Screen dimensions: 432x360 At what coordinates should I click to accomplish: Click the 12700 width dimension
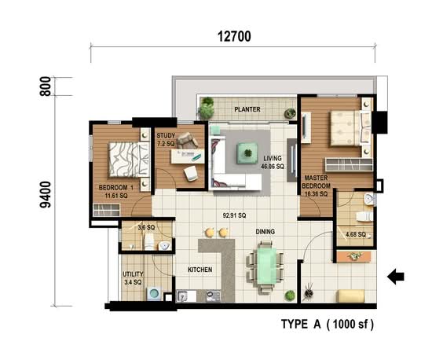234,37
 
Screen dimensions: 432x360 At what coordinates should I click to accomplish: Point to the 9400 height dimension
46,195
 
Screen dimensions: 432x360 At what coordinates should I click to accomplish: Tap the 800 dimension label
46,86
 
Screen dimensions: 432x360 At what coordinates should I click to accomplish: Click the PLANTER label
247,109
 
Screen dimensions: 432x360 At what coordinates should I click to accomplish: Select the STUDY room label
166,136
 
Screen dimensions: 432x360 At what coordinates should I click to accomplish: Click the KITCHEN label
200,270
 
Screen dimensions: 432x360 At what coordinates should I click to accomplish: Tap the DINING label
265,232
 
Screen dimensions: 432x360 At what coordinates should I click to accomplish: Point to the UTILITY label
133,274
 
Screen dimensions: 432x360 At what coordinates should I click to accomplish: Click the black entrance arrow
396,277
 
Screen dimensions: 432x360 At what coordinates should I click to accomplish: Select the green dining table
266,266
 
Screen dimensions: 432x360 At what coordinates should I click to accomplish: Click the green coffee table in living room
247,153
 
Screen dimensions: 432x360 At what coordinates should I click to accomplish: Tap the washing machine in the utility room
154,293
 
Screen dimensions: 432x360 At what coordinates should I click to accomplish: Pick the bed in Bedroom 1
130,160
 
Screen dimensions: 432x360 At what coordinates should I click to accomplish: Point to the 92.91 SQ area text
234,215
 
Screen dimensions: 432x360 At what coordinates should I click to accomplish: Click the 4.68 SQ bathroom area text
356,234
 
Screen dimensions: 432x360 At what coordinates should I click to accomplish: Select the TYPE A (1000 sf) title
328,324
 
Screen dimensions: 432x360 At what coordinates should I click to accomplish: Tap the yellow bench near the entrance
350,296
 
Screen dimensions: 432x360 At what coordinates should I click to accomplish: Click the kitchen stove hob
213,296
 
